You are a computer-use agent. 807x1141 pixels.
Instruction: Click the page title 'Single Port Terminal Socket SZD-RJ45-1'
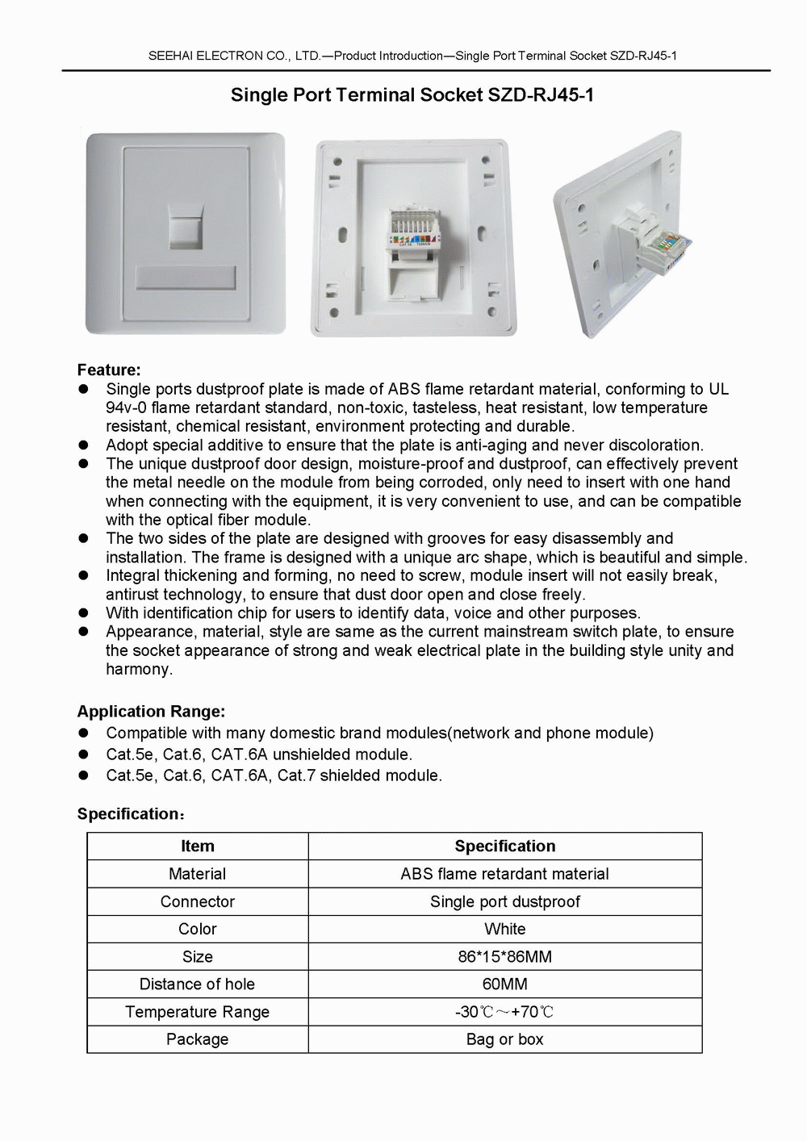(412, 95)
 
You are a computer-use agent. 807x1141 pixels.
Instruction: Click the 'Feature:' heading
(109, 370)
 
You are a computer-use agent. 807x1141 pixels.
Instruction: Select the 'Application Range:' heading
(151, 712)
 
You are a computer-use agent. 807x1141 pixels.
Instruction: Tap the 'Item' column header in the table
(198, 846)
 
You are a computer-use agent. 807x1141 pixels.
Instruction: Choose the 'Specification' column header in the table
(504, 846)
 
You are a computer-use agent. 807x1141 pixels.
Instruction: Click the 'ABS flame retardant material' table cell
(504, 874)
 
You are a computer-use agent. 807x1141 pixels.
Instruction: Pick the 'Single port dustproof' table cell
(504, 901)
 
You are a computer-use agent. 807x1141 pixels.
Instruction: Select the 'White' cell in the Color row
(504, 929)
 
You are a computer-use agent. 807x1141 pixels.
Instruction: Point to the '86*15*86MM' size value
(504, 957)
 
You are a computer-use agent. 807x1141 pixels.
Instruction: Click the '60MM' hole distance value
(504, 984)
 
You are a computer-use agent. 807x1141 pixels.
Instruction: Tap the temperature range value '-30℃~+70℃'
(504, 1012)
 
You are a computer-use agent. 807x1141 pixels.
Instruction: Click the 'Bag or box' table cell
(504, 1039)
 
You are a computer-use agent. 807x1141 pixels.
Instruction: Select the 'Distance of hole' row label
(197, 984)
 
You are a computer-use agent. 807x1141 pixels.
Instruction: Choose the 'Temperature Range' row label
(197, 1012)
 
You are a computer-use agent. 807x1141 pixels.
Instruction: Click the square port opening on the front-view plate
(186, 231)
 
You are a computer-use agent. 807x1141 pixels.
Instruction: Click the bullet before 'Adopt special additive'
(82, 445)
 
